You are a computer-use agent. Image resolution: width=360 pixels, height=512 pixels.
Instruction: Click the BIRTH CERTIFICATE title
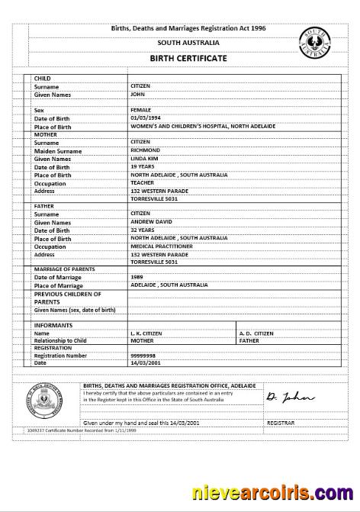click(176, 58)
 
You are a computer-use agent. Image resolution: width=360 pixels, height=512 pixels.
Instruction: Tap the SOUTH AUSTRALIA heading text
click(177, 43)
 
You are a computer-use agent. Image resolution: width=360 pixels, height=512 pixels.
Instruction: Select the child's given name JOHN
click(138, 95)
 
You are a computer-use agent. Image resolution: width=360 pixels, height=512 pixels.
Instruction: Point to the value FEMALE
click(141, 110)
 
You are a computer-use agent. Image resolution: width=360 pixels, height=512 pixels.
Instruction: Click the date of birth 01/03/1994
click(146, 118)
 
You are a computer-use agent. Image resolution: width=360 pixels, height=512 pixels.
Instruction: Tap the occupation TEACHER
click(143, 183)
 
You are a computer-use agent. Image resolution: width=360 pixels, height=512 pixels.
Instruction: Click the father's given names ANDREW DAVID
click(151, 222)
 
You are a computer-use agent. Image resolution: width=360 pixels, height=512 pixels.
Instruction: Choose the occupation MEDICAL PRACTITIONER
click(161, 246)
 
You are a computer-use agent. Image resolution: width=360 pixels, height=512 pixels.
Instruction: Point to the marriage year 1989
click(137, 277)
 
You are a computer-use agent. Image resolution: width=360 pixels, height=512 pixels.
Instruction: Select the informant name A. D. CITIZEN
click(256, 333)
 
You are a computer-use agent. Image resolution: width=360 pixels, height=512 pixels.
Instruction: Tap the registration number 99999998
click(144, 355)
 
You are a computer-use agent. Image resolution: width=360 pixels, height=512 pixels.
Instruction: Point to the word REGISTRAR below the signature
click(280, 422)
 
